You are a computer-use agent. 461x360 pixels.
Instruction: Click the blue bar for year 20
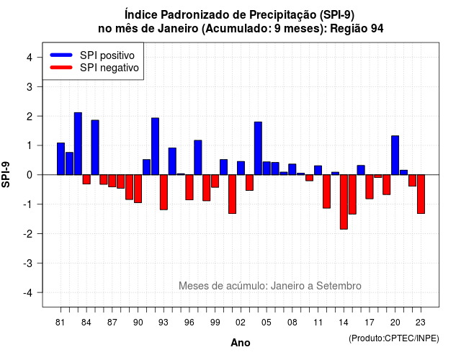[x=395, y=156]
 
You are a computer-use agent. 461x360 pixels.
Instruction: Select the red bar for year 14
[x=344, y=202]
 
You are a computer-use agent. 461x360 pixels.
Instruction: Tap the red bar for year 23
[x=421, y=194]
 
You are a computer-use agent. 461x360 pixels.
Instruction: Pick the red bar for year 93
[x=164, y=192]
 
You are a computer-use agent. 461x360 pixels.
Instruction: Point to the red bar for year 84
[x=86, y=179]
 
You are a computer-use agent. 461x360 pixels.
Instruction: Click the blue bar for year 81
[x=61, y=158]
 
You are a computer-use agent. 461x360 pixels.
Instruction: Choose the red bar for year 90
[x=138, y=189]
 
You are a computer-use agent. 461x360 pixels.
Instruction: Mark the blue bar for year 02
[x=241, y=168]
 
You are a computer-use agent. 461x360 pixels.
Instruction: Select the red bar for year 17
[x=370, y=186]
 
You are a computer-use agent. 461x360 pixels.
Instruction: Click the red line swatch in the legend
[x=61, y=68]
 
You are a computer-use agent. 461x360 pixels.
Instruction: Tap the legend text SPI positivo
[x=107, y=55]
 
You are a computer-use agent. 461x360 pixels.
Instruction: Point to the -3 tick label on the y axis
[x=28, y=263]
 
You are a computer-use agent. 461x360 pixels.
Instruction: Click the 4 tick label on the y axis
[x=30, y=57]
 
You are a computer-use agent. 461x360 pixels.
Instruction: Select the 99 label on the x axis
[x=215, y=323]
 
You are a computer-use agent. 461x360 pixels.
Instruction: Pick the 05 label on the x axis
[x=267, y=323]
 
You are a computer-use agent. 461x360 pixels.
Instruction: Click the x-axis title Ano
[x=241, y=343]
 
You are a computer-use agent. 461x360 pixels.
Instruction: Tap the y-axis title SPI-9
[x=6, y=174]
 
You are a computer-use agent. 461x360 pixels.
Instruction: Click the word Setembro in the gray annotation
[x=339, y=286]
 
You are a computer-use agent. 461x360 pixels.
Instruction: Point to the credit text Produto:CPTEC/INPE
[x=394, y=338]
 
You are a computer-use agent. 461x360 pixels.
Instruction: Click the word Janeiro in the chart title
[x=178, y=29]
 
